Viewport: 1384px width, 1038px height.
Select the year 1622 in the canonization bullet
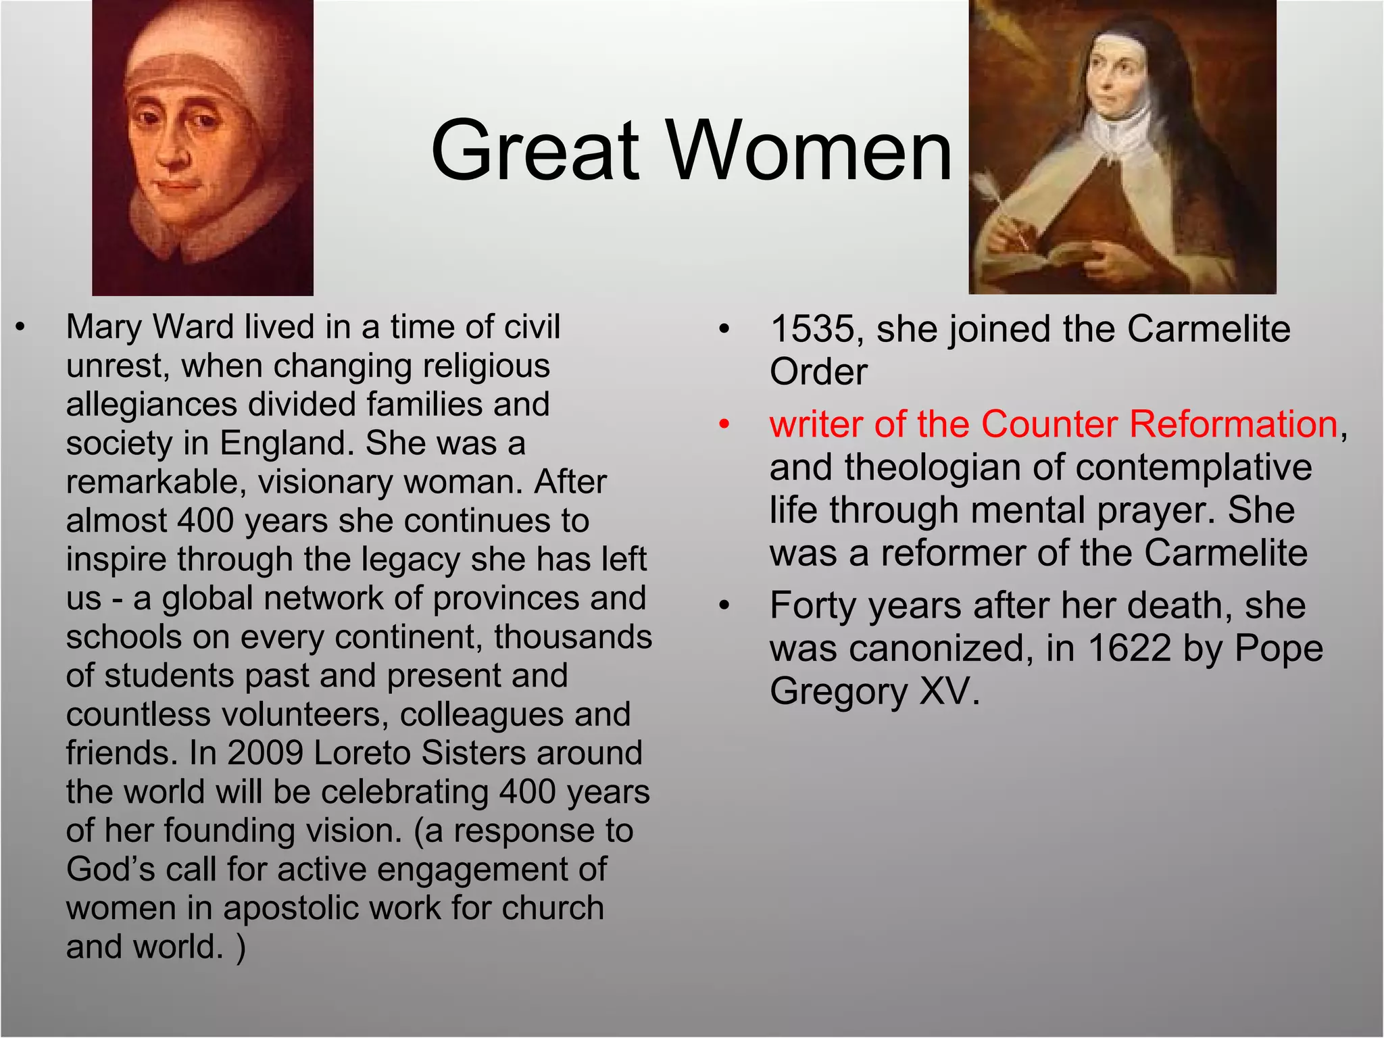[x=1129, y=649]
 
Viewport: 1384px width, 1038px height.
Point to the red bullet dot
[x=724, y=425]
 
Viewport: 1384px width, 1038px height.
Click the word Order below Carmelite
[x=818, y=372]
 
